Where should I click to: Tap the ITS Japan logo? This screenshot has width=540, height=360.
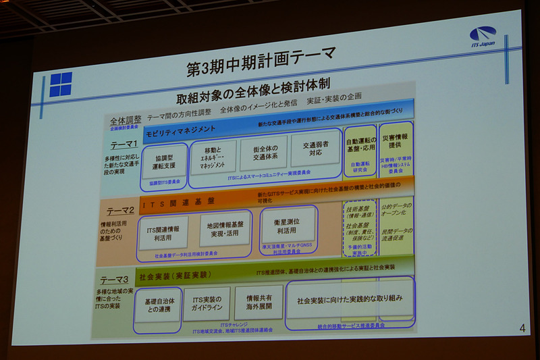pos(482,36)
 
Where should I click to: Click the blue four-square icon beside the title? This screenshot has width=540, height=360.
pos(60,84)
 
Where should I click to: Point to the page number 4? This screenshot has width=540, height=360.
pos(522,328)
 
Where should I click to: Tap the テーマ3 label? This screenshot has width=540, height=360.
pos(114,280)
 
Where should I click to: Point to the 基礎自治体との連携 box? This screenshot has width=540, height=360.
pos(157,305)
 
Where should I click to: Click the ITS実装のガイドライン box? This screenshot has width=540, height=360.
pos(207,304)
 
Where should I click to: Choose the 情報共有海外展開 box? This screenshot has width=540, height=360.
pos(259,302)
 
